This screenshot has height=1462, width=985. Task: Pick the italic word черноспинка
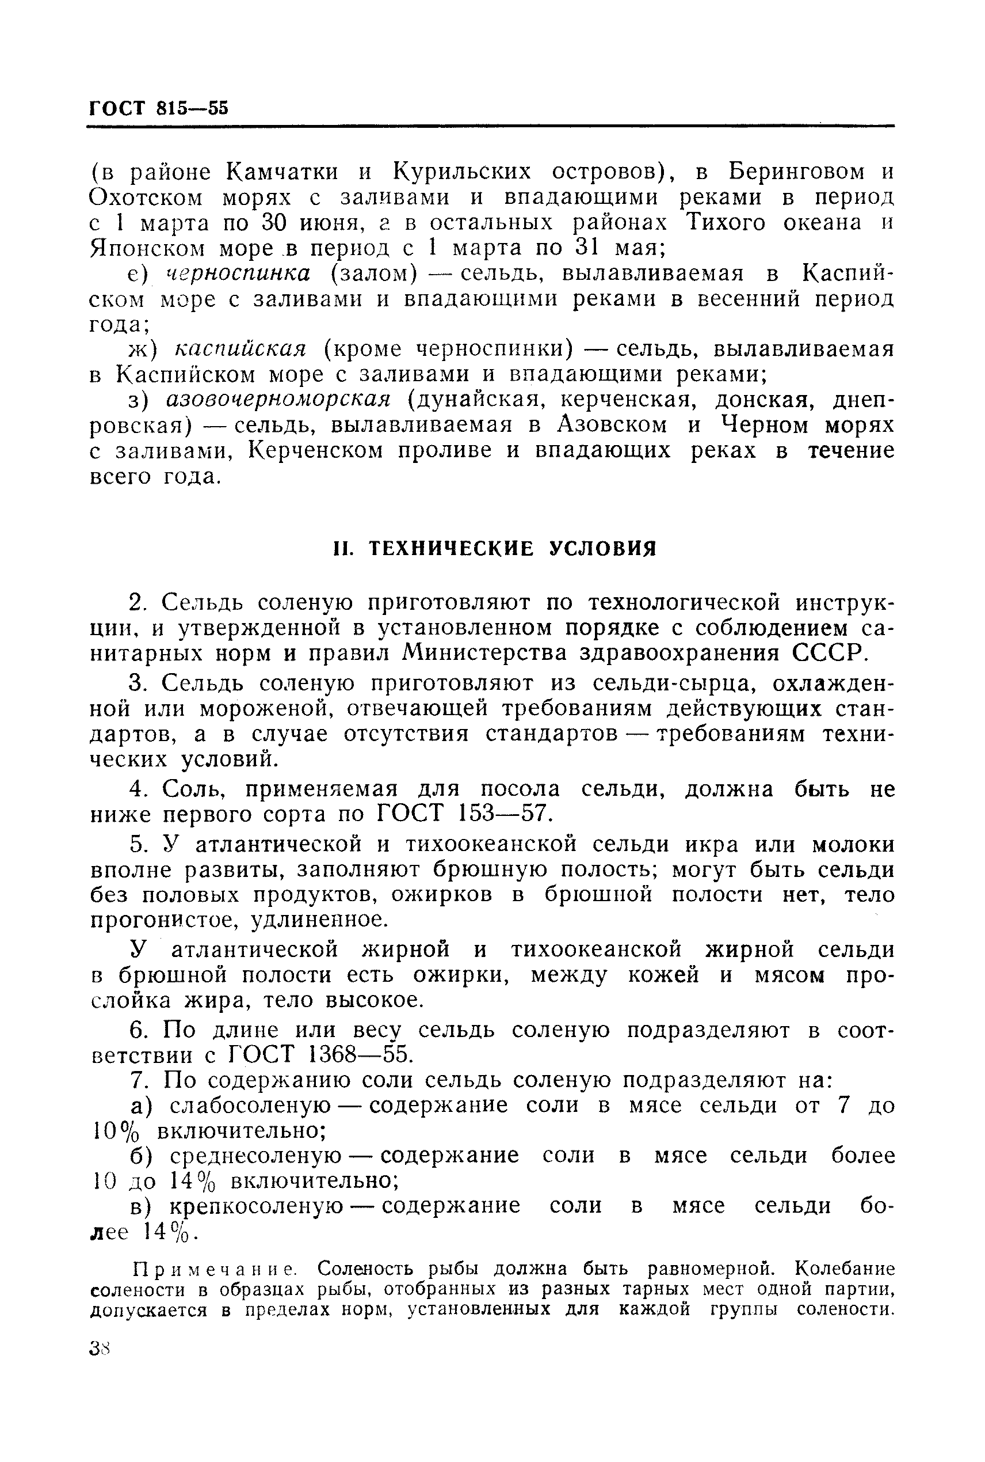(238, 274)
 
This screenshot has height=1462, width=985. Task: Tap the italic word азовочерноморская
(278, 400)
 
